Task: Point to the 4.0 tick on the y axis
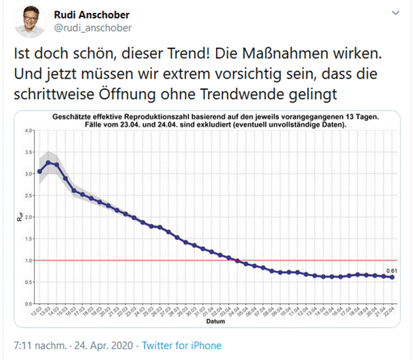(x=28, y=130)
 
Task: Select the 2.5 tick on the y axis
(x=28, y=195)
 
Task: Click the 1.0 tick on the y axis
(x=28, y=260)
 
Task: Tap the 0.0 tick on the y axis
(x=28, y=303)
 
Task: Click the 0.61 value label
(x=391, y=271)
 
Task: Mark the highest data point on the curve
(x=49, y=162)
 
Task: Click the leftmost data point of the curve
(x=40, y=171)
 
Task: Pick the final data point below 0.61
(x=391, y=277)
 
